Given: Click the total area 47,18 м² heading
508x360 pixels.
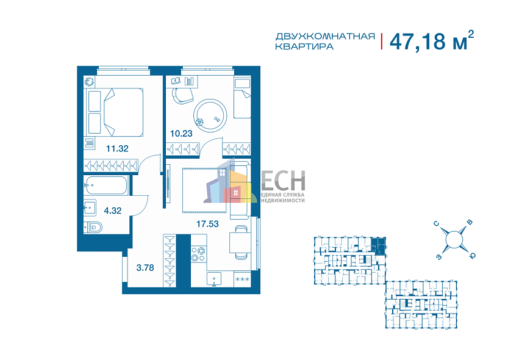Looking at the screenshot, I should pos(431,41).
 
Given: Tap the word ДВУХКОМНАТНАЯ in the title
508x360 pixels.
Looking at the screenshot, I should pos(324,36).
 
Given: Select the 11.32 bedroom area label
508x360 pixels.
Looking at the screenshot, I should pos(118,147).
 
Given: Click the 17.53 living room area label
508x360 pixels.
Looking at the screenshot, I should pos(207,224).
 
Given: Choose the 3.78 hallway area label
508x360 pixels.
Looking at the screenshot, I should pos(145,266).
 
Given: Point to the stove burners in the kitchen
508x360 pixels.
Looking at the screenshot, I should pos(198,253).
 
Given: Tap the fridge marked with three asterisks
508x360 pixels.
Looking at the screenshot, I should pos(242,279).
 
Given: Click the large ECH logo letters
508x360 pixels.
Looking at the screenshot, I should pos(283,181).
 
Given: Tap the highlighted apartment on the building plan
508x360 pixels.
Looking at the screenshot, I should pos(379,246).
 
